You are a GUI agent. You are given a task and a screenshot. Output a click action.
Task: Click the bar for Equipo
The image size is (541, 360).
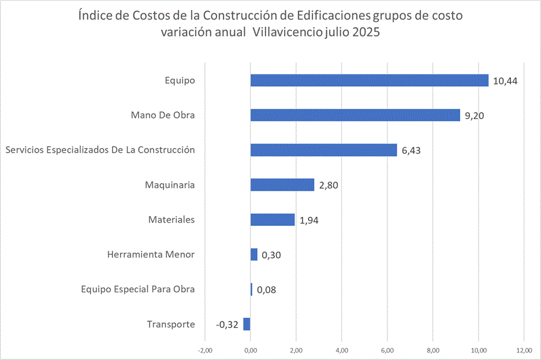pyautogui.click(x=370, y=80)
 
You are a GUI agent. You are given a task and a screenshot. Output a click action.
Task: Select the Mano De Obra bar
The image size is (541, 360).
pyautogui.click(x=355, y=115)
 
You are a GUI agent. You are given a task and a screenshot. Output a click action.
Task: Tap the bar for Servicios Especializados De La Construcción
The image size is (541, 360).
pyautogui.click(x=323, y=150)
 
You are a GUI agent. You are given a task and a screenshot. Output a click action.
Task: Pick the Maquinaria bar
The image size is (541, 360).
pyautogui.click(x=282, y=185)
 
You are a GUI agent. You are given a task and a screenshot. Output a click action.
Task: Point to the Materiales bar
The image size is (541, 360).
pyautogui.click(x=273, y=220)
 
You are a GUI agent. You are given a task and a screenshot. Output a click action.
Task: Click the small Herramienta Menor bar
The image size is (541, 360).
pyautogui.click(x=254, y=254)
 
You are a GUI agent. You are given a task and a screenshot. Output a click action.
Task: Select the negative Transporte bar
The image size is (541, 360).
pyautogui.click(x=247, y=324)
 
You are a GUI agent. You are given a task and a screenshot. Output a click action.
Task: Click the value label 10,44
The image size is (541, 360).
pyautogui.click(x=505, y=81)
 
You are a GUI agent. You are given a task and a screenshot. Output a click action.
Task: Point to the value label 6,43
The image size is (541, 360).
pyautogui.click(x=412, y=150)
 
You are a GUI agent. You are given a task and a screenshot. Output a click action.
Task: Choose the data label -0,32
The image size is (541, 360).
pyautogui.click(x=227, y=324)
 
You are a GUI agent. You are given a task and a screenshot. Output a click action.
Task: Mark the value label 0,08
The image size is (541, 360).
pyautogui.click(x=266, y=290)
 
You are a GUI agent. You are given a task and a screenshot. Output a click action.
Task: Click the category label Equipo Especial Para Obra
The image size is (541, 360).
pyautogui.click(x=138, y=289)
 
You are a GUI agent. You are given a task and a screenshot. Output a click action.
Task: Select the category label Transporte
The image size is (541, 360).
pyautogui.click(x=171, y=324)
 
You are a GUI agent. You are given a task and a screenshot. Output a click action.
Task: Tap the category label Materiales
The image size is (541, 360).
pyautogui.click(x=171, y=220)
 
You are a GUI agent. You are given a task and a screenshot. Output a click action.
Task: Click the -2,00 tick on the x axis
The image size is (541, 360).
pyautogui.click(x=205, y=350)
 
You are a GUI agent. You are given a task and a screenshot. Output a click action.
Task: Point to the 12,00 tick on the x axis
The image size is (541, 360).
pyautogui.click(x=524, y=350)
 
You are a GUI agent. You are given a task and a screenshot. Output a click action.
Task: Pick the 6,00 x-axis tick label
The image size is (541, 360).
pyautogui.click(x=387, y=350)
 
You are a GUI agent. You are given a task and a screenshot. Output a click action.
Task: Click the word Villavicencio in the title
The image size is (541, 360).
pyautogui.click(x=290, y=33)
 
